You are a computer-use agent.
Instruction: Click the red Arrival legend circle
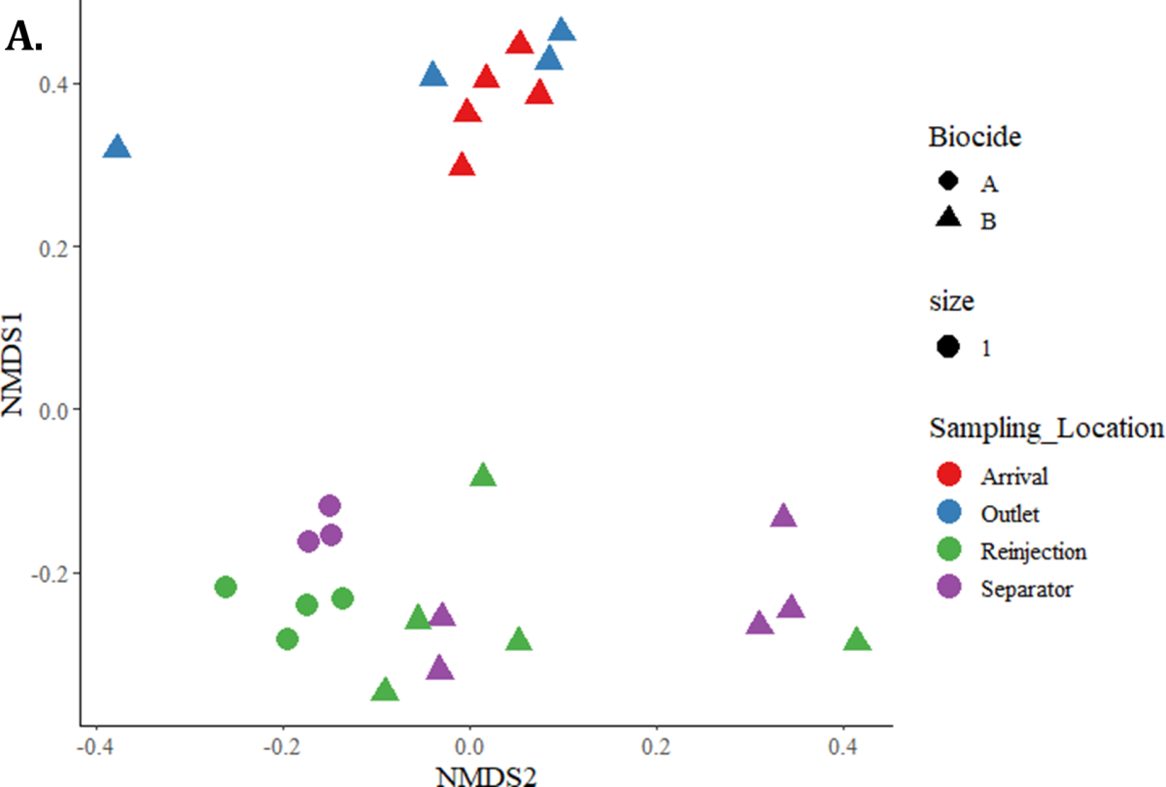coord(948,475)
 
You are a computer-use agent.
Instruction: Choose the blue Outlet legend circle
coord(948,512)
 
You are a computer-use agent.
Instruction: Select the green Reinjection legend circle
coord(948,550)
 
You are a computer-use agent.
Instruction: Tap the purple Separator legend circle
coord(948,587)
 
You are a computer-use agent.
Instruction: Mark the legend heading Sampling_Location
coord(1046,428)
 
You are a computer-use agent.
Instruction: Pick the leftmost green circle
coord(225,587)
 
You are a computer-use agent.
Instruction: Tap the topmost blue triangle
coord(562,31)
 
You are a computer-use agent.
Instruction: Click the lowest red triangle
coord(463,166)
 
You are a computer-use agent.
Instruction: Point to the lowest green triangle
coord(385,691)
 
